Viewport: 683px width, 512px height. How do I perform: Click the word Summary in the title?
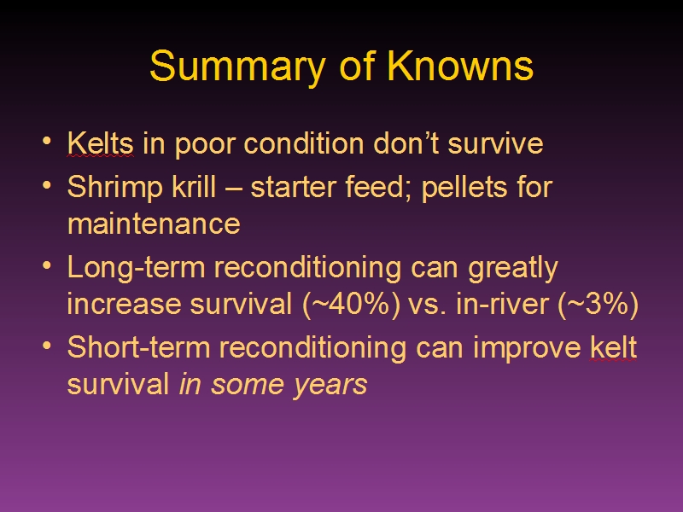(x=237, y=67)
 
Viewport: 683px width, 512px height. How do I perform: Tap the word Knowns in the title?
(x=460, y=66)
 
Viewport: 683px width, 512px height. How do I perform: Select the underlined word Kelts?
(x=100, y=143)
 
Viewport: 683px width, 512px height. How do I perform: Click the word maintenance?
(x=154, y=224)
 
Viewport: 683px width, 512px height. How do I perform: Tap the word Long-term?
(x=137, y=268)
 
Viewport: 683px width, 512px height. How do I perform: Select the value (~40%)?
(x=351, y=304)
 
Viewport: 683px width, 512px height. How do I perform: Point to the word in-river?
(x=502, y=304)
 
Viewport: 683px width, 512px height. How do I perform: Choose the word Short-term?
(x=138, y=347)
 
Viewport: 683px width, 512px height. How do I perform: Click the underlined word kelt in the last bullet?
(x=613, y=347)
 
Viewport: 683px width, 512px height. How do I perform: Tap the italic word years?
(x=330, y=386)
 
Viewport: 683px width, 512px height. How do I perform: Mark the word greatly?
(x=513, y=268)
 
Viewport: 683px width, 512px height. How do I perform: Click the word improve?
(x=527, y=349)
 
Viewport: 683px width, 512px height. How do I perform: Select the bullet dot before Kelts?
(x=47, y=141)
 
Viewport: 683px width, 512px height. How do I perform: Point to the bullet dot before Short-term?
(x=47, y=346)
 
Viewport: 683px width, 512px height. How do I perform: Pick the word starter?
(x=294, y=187)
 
